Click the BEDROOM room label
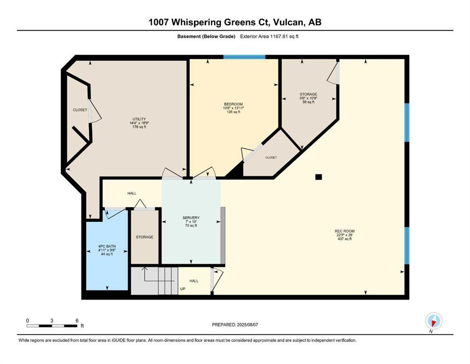click(x=233, y=104)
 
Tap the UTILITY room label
click(x=139, y=119)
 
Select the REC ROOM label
click(x=345, y=231)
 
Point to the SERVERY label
click(x=191, y=218)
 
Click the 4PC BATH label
click(x=107, y=246)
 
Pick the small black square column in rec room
click(x=319, y=177)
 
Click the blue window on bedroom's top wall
click(x=244, y=57)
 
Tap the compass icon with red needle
click(x=434, y=321)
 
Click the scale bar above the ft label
click(x=52, y=326)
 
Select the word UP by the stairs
click(x=183, y=289)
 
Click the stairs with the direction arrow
click(x=155, y=281)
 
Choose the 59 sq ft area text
click(x=309, y=102)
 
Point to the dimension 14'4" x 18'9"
click(x=139, y=123)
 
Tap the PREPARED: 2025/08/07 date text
click(x=235, y=325)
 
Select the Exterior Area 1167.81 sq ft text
click(x=269, y=36)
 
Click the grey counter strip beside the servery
click(x=223, y=235)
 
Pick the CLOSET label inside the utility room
click(x=80, y=110)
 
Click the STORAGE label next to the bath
click(x=144, y=237)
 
